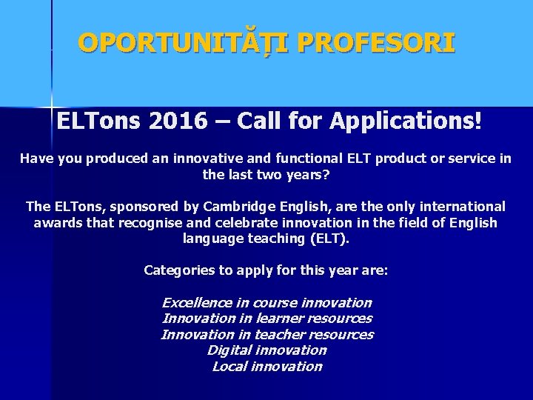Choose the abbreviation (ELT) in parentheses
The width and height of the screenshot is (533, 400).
click(326, 239)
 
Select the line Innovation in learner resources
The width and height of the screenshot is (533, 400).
click(266, 319)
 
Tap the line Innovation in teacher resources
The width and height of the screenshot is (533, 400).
click(266, 334)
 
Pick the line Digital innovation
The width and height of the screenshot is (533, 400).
click(266, 350)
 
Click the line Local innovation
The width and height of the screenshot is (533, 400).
click(266, 366)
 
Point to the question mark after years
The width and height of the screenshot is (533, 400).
click(328, 175)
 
